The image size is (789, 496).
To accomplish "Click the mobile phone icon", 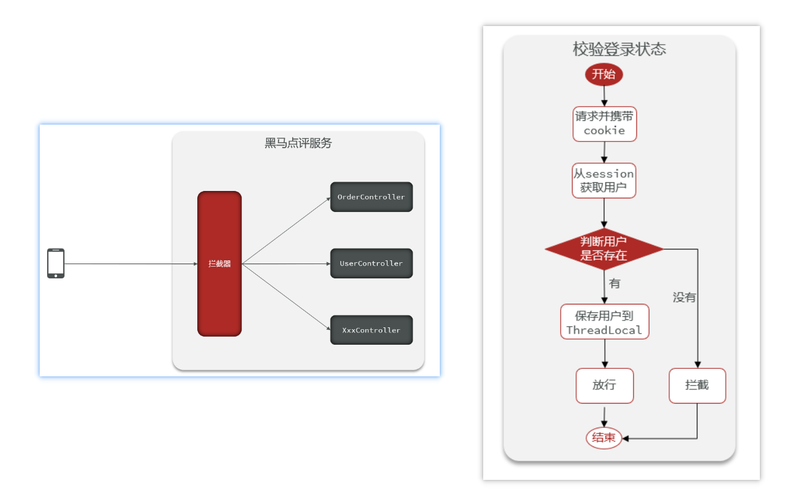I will click(56, 263).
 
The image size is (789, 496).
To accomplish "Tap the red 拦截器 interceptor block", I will click(220, 263).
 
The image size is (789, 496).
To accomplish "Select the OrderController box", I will click(371, 197).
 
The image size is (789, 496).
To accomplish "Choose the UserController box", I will click(371, 263).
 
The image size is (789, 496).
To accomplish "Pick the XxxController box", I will click(371, 330).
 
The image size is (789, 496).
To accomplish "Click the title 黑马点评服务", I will click(298, 143).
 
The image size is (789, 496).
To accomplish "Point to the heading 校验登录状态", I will click(619, 50).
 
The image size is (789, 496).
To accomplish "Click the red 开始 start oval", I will click(604, 75).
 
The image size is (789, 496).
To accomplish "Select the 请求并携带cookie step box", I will click(604, 124).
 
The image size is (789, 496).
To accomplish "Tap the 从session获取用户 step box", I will click(604, 180).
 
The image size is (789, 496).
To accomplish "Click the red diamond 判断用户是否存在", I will click(604, 249).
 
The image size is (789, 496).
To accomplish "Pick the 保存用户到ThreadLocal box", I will click(604, 322).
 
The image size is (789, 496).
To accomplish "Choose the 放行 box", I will click(604, 386).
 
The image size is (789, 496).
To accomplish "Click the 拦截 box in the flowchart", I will click(697, 386).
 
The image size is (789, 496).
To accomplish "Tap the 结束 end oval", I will click(604, 438).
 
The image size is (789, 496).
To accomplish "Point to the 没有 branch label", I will click(685, 298).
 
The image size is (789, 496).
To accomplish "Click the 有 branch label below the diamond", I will click(615, 284).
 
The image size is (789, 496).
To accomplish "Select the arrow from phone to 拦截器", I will click(130, 263).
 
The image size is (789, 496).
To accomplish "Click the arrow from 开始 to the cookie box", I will click(604, 95).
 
